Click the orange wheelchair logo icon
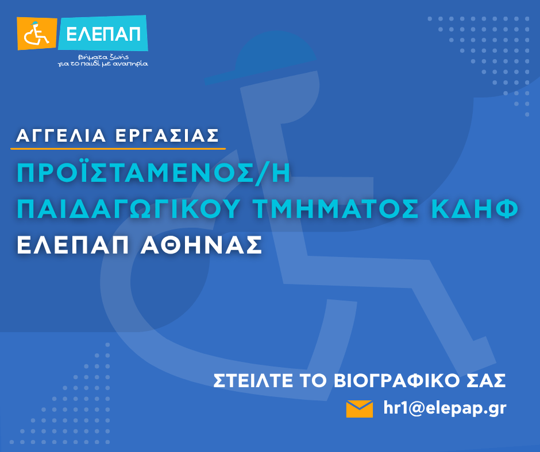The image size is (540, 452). click(37, 33)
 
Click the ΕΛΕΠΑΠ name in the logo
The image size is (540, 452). click(103, 34)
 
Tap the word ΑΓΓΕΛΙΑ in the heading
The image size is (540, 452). click(61, 135)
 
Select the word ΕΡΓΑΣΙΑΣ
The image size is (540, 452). click(167, 135)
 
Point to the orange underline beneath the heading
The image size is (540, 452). click(118, 149)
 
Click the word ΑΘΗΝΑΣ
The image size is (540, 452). click(202, 245)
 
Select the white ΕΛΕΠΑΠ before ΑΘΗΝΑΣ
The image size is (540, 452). click(72, 245)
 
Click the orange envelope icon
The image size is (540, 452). click(360, 408)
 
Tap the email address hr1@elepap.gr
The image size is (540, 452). click(445, 408)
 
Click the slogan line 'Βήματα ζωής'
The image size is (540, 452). click(103, 57)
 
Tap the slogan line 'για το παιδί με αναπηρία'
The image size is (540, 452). click(103, 64)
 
